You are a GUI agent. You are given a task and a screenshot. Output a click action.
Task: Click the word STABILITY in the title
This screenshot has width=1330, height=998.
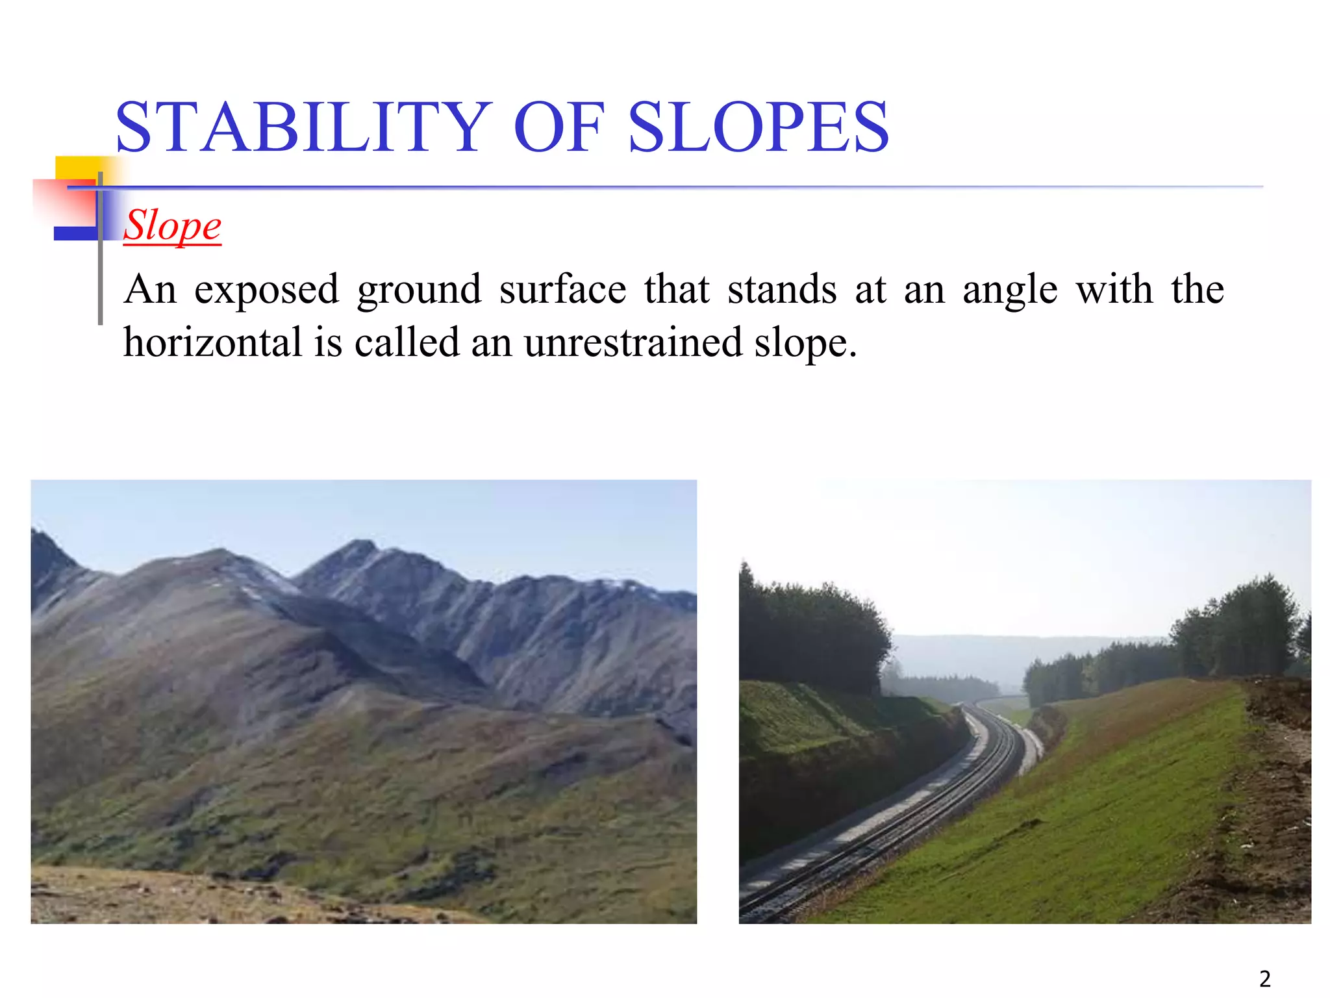pos(302,127)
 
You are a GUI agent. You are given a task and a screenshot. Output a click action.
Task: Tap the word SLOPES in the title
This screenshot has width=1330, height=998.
pos(758,127)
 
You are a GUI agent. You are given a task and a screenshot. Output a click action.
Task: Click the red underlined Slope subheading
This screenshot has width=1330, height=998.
pos(173,225)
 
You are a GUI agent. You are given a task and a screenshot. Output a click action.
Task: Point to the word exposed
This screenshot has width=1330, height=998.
pos(266,290)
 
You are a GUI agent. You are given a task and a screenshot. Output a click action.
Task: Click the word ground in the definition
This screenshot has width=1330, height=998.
pos(419,290)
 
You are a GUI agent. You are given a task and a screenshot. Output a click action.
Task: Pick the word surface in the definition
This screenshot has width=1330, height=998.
pos(562,289)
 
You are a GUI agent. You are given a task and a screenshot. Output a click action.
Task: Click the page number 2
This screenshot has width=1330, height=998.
pos(1264,979)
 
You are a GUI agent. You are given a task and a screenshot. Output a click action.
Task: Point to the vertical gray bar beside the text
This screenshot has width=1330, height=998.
pos(100,273)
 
